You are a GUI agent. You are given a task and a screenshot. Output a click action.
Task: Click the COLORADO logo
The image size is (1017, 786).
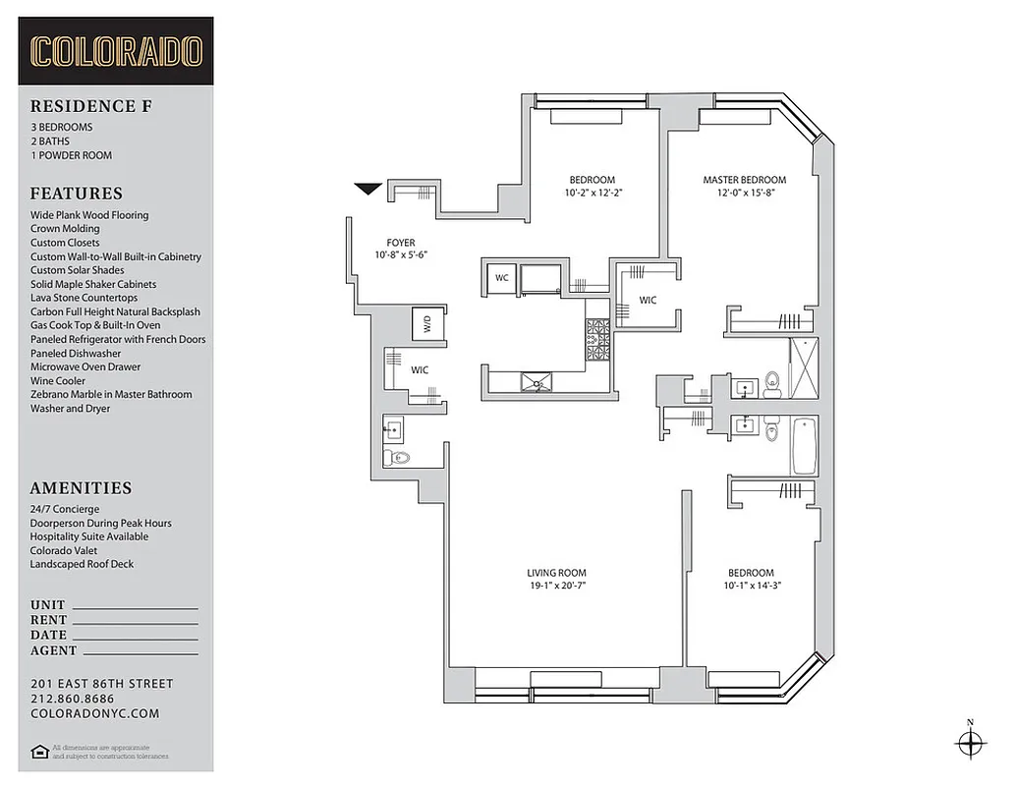pos(116,51)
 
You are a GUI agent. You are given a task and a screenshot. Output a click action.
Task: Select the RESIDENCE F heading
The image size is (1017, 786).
pos(84,106)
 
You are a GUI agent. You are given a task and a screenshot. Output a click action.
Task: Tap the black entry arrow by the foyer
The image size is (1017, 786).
pos(368,189)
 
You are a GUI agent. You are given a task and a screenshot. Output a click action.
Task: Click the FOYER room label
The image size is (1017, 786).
pos(401,243)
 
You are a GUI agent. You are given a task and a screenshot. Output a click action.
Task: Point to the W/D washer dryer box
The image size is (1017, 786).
pos(427,323)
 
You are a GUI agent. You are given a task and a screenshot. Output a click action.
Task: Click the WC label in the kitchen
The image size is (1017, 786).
pos(501,278)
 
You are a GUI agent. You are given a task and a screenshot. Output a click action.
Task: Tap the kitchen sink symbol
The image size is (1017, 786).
pos(537,380)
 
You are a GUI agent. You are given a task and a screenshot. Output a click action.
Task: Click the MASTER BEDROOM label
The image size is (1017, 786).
pos(744,180)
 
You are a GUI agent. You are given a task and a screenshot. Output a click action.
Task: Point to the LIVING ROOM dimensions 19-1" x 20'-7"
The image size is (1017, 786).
pos(556,586)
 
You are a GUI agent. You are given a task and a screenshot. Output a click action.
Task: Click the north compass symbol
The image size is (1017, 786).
pos(970,743)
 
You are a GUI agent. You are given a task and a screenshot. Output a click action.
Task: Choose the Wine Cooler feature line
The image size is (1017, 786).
pos(58,380)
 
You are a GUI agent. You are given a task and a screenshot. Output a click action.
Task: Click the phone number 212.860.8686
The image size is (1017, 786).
pos(72,699)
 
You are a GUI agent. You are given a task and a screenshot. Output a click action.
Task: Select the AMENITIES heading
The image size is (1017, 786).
pos(81,487)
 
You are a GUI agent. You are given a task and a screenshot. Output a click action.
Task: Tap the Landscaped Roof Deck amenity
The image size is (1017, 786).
pos(82,564)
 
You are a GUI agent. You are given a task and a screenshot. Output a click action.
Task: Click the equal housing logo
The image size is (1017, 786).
pos(39,752)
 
